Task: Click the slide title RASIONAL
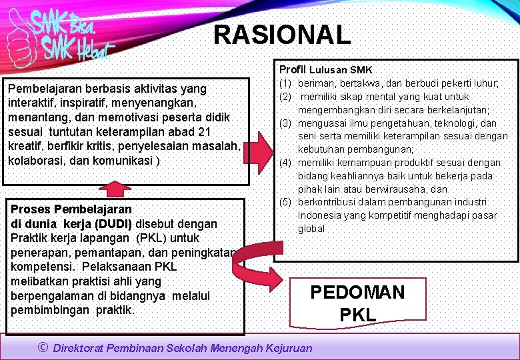point(281,35)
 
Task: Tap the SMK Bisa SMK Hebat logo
point(60,35)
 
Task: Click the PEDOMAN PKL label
point(358,303)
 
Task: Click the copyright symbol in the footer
point(43,347)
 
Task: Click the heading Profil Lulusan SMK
point(325,69)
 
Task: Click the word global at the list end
point(311,229)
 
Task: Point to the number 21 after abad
point(204,131)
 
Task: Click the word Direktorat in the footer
point(83,347)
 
